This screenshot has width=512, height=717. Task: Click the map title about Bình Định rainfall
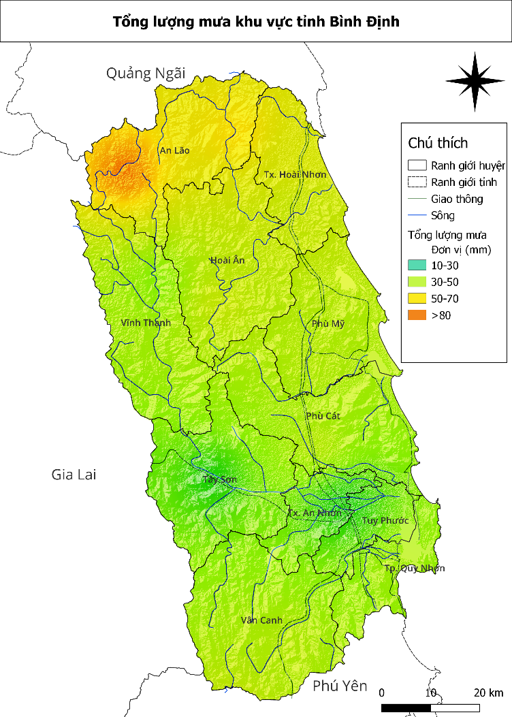(x=256, y=22)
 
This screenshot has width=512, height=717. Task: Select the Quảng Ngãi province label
(x=145, y=74)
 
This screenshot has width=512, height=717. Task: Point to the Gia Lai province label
(x=74, y=474)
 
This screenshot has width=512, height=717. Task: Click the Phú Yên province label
(x=340, y=686)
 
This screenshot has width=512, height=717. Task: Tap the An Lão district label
(x=174, y=150)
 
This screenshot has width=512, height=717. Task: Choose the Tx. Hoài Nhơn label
(x=295, y=175)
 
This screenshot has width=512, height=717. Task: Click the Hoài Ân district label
(x=227, y=260)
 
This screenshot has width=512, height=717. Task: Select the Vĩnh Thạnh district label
(x=146, y=323)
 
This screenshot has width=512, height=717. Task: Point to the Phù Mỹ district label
(x=328, y=323)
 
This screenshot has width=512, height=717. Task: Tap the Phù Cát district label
(x=323, y=416)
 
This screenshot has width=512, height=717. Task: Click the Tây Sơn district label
(x=220, y=479)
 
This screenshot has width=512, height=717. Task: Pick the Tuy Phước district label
(x=385, y=521)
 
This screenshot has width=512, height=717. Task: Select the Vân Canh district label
(x=261, y=620)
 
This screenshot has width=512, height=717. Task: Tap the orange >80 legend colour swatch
(x=417, y=315)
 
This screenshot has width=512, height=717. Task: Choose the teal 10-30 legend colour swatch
(x=417, y=265)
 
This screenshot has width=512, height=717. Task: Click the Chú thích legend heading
(x=438, y=143)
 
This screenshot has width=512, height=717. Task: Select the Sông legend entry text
(x=443, y=216)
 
